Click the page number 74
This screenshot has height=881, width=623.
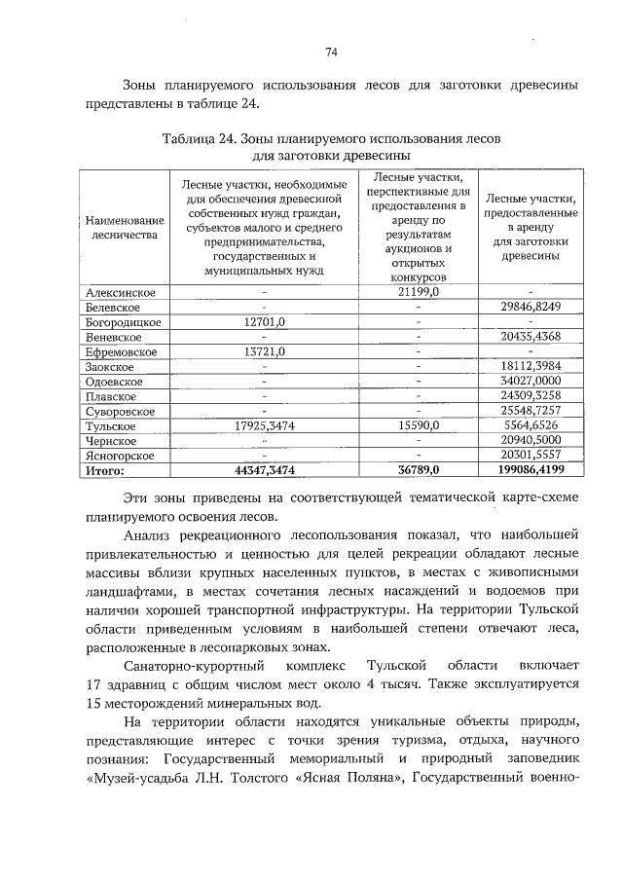pos(331,52)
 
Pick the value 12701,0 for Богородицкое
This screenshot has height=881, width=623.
pos(264,321)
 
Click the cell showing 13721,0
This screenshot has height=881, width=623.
pos(264,351)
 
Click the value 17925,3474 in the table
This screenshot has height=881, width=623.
pos(264,425)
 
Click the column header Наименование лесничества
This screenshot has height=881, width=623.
pos(122,229)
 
